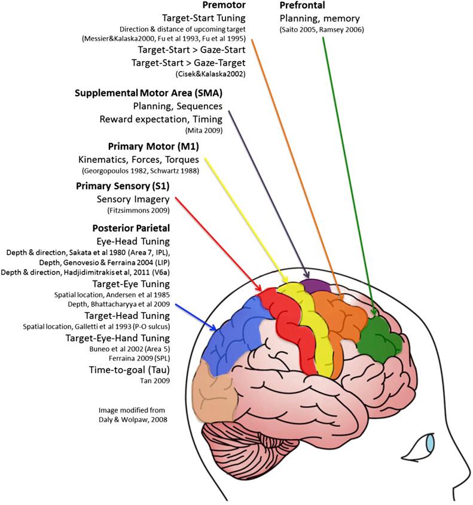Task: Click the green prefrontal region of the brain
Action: tap(377, 331)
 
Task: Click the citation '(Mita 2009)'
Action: tap(203, 128)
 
